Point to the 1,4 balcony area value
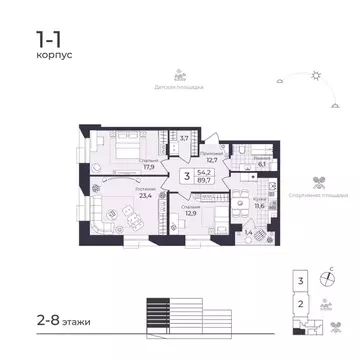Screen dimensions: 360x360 point(249,231)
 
